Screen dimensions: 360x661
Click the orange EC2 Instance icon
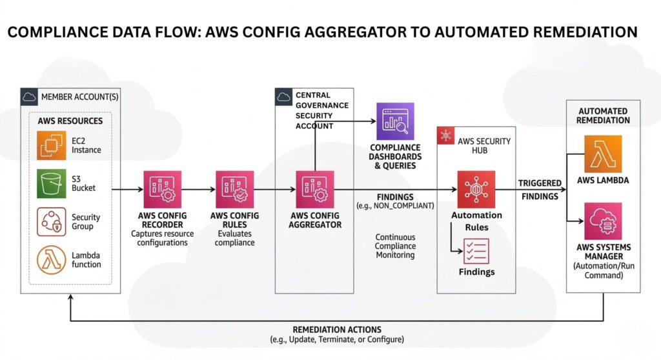52,145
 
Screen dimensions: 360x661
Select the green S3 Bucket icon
52,183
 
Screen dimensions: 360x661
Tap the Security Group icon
52,221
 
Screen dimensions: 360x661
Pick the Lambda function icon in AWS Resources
52,259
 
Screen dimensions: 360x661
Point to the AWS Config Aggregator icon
314,190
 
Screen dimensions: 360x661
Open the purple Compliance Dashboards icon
395,121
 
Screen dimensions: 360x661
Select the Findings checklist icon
476,251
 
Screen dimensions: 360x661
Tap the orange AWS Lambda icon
602,154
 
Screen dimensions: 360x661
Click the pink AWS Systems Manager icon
602,221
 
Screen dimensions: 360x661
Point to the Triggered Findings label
540,190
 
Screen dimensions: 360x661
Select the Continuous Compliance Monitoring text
395,246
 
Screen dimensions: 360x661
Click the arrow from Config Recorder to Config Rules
198,190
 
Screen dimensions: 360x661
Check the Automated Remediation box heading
604,115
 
